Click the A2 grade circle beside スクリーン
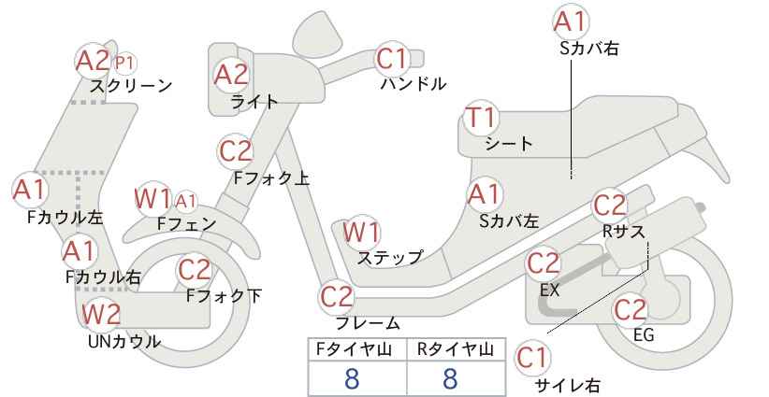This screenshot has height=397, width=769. (x=93, y=62)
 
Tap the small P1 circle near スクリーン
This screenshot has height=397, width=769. (x=124, y=64)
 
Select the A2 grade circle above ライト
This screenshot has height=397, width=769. (x=231, y=75)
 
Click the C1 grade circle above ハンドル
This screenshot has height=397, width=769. (x=393, y=60)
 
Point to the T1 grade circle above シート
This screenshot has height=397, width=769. (x=482, y=120)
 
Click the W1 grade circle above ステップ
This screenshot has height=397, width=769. (x=361, y=232)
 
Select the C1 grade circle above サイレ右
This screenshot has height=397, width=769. (x=533, y=357)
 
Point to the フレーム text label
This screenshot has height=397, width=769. (x=368, y=323)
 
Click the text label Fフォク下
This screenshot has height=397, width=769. (x=224, y=296)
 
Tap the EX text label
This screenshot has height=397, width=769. (x=549, y=290)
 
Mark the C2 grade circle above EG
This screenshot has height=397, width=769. (x=631, y=309)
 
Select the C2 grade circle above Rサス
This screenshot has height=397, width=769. (x=609, y=206)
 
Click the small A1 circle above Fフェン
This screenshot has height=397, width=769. (x=185, y=200)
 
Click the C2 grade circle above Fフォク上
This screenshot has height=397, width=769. (x=236, y=150)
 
